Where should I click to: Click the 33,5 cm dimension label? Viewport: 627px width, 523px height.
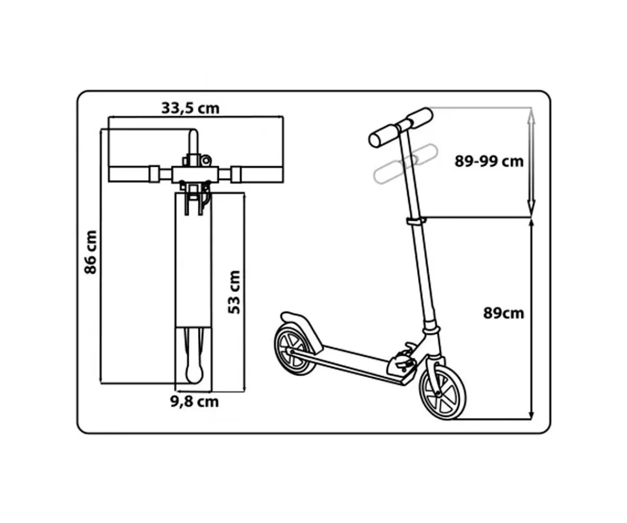[190, 108]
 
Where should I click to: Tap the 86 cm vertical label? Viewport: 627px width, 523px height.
[90, 252]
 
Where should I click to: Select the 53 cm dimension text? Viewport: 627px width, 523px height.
[234, 292]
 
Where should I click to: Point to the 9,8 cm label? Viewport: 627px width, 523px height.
[194, 402]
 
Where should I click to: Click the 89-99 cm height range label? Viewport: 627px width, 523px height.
[489, 162]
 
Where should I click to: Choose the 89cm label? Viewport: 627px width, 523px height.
[504, 313]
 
